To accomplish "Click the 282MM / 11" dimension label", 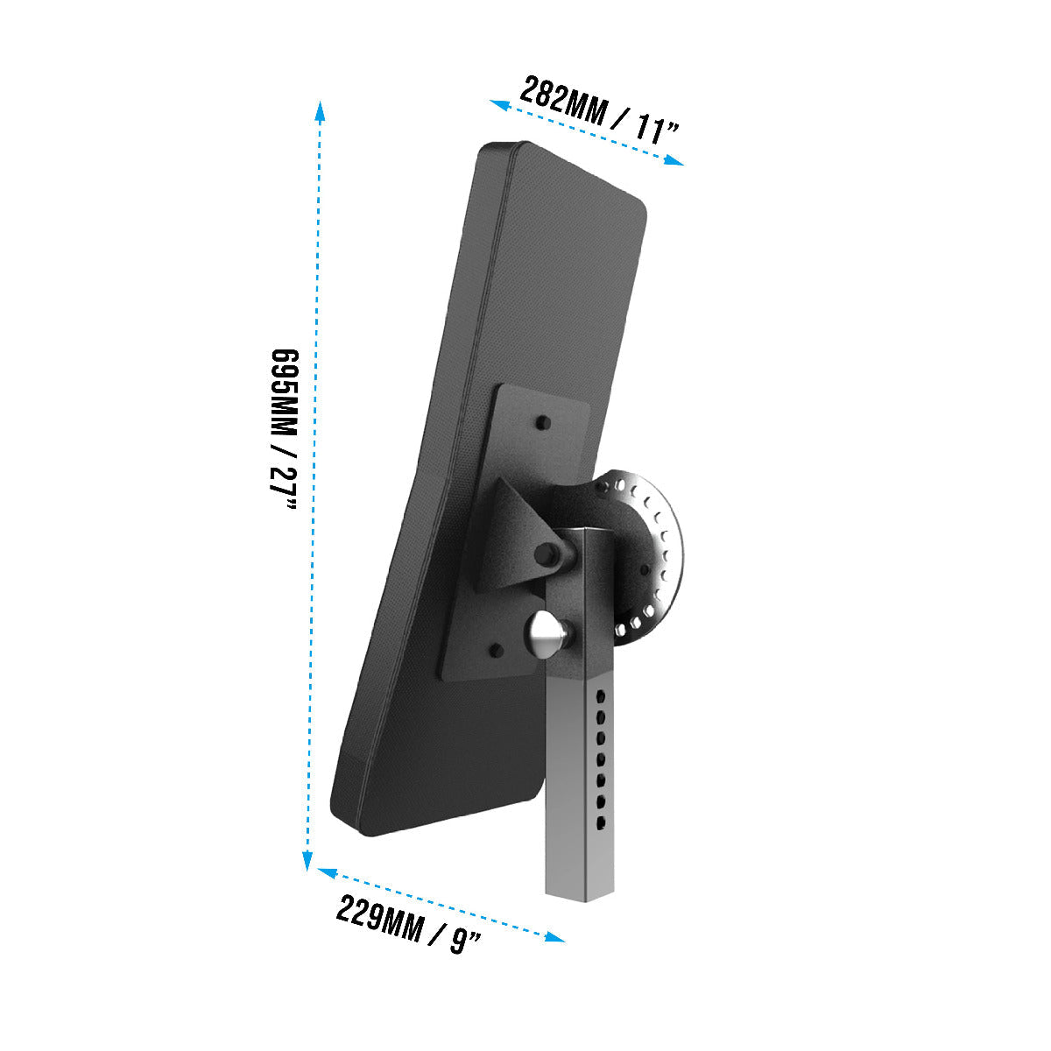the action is click(x=599, y=110).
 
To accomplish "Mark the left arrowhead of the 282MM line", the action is click(x=499, y=105).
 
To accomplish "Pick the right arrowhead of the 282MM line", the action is click(x=674, y=159).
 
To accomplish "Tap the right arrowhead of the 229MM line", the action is click(x=554, y=937).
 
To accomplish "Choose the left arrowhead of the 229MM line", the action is click(x=328, y=873).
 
